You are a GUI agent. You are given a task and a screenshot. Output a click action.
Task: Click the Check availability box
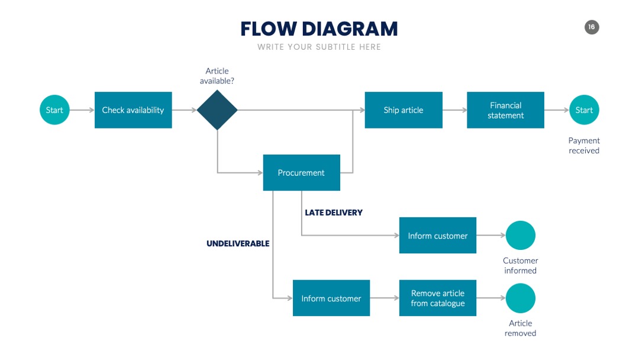[133, 110]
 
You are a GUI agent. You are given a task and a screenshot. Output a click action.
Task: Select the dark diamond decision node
[217, 110]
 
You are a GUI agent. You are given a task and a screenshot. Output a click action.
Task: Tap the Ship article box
[404, 110]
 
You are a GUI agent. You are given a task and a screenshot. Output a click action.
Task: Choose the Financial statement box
[505, 110]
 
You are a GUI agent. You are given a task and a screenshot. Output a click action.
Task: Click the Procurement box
[302, 172]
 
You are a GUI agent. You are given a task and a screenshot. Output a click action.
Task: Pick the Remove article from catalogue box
[438, 298]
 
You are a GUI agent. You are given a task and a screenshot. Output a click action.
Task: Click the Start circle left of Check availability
[54, 110]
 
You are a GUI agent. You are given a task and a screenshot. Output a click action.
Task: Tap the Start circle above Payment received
[584, 110]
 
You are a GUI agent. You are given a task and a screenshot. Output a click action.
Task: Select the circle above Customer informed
[521, 235]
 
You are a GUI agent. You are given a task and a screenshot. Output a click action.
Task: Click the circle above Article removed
[521, 298]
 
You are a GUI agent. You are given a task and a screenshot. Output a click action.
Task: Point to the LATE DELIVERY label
[334, 213]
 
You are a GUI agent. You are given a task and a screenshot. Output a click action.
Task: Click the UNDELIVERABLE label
[238, 244]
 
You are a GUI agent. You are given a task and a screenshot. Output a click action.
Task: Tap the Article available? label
[217, 76]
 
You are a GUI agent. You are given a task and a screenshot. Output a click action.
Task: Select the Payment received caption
[584, 146]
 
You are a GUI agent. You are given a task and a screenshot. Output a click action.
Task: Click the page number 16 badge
[592, 27]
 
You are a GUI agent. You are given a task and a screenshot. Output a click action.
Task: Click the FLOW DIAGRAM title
[319, 29]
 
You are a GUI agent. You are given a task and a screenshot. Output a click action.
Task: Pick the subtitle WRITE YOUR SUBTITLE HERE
[319, 47]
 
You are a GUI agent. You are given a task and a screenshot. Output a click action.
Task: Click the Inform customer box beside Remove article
[331, 298]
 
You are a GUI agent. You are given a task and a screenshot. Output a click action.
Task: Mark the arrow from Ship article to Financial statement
[455, 110]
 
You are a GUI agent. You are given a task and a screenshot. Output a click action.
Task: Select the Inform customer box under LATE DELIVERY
[438, 235]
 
